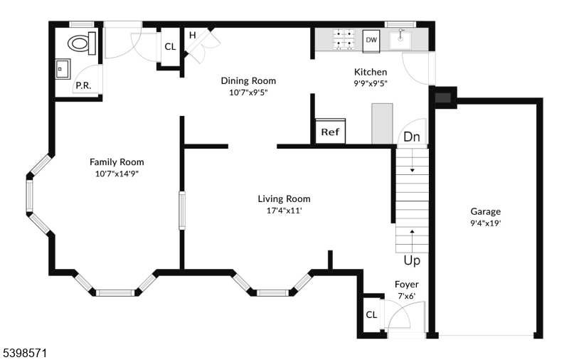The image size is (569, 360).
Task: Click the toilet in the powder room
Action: [82, 43]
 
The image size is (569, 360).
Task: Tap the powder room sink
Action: [63, 68]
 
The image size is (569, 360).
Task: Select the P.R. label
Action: [83, 85]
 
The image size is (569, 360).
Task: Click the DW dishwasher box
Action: [371, 41]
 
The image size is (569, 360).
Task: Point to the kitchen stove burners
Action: [344, 38]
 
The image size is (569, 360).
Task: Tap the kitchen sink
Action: [400, 40]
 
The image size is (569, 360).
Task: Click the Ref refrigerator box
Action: [330, 131]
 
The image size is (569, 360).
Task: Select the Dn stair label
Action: [412, 137]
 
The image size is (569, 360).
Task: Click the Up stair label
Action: [412, 260]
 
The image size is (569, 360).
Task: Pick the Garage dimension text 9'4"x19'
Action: [486, 223]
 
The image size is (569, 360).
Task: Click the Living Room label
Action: [284, 199]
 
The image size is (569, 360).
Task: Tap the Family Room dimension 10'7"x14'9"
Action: [117, 174]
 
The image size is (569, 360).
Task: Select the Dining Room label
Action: [248, 80]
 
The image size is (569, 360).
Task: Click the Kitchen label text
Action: [371, 72]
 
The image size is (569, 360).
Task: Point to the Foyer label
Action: [406, 285]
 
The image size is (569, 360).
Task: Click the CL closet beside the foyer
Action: [371, 314]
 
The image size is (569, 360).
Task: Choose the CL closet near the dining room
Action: [170, 47]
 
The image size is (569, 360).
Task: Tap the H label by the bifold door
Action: [192, 35]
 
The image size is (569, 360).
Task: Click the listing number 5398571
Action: [25, 353]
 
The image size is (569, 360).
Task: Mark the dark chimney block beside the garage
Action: [443, 97]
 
